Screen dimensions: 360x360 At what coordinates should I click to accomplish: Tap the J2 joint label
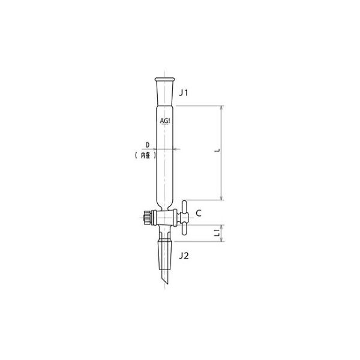coord(185,256)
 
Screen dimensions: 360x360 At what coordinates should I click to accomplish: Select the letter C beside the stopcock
coord(199,212)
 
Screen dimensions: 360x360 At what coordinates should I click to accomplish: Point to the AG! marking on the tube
coord(165,120)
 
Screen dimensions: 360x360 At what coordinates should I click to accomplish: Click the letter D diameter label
coord(147,144)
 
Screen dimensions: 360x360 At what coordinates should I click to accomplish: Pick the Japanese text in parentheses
coord(143,155)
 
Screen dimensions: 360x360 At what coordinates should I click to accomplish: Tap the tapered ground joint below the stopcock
coord(165,248)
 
